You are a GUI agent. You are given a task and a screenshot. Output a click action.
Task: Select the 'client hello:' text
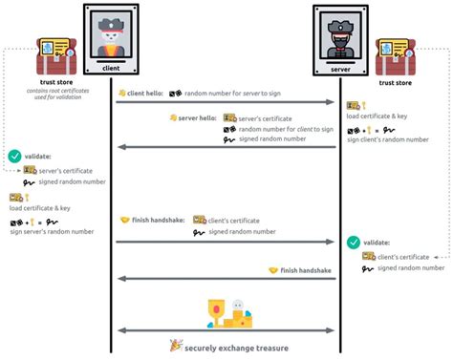(144, 93)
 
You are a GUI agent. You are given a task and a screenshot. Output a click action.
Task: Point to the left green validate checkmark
(14, 156)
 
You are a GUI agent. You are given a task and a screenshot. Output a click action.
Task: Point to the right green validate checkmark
(354, 243)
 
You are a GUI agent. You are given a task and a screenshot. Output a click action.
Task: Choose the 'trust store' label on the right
(396, 83)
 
